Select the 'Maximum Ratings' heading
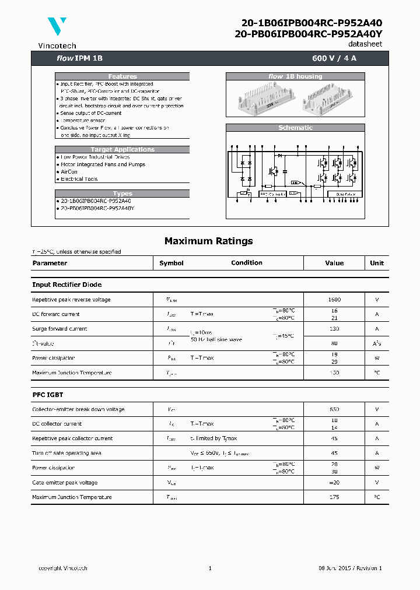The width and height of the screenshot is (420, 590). click(208, 241)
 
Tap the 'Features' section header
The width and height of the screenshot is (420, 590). click(123, 76)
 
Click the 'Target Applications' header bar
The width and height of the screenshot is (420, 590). click(123, 149)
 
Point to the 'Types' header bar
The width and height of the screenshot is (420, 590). click(123, 194)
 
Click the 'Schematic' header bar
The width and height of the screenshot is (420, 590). click(295, 128)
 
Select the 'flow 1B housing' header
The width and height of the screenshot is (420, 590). click(295, 76)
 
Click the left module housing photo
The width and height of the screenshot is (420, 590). click(261, 100)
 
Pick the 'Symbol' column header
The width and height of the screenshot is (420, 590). click(171, 263)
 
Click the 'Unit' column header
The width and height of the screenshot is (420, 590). click(377, 263)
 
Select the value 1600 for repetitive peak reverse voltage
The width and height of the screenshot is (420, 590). click(334, 300)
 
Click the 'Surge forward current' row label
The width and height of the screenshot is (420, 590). click(60, 329)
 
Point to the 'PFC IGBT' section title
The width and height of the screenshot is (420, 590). click(48, 395)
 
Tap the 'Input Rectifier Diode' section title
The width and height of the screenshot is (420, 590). click(66, 285)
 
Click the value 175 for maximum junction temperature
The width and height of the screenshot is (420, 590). click(334, 497)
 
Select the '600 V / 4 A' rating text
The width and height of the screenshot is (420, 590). click(338, 58)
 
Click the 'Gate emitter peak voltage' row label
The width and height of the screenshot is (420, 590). click(64, 483)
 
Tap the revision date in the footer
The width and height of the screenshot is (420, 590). click(349, 568)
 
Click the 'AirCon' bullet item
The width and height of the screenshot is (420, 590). click(69, 172)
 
